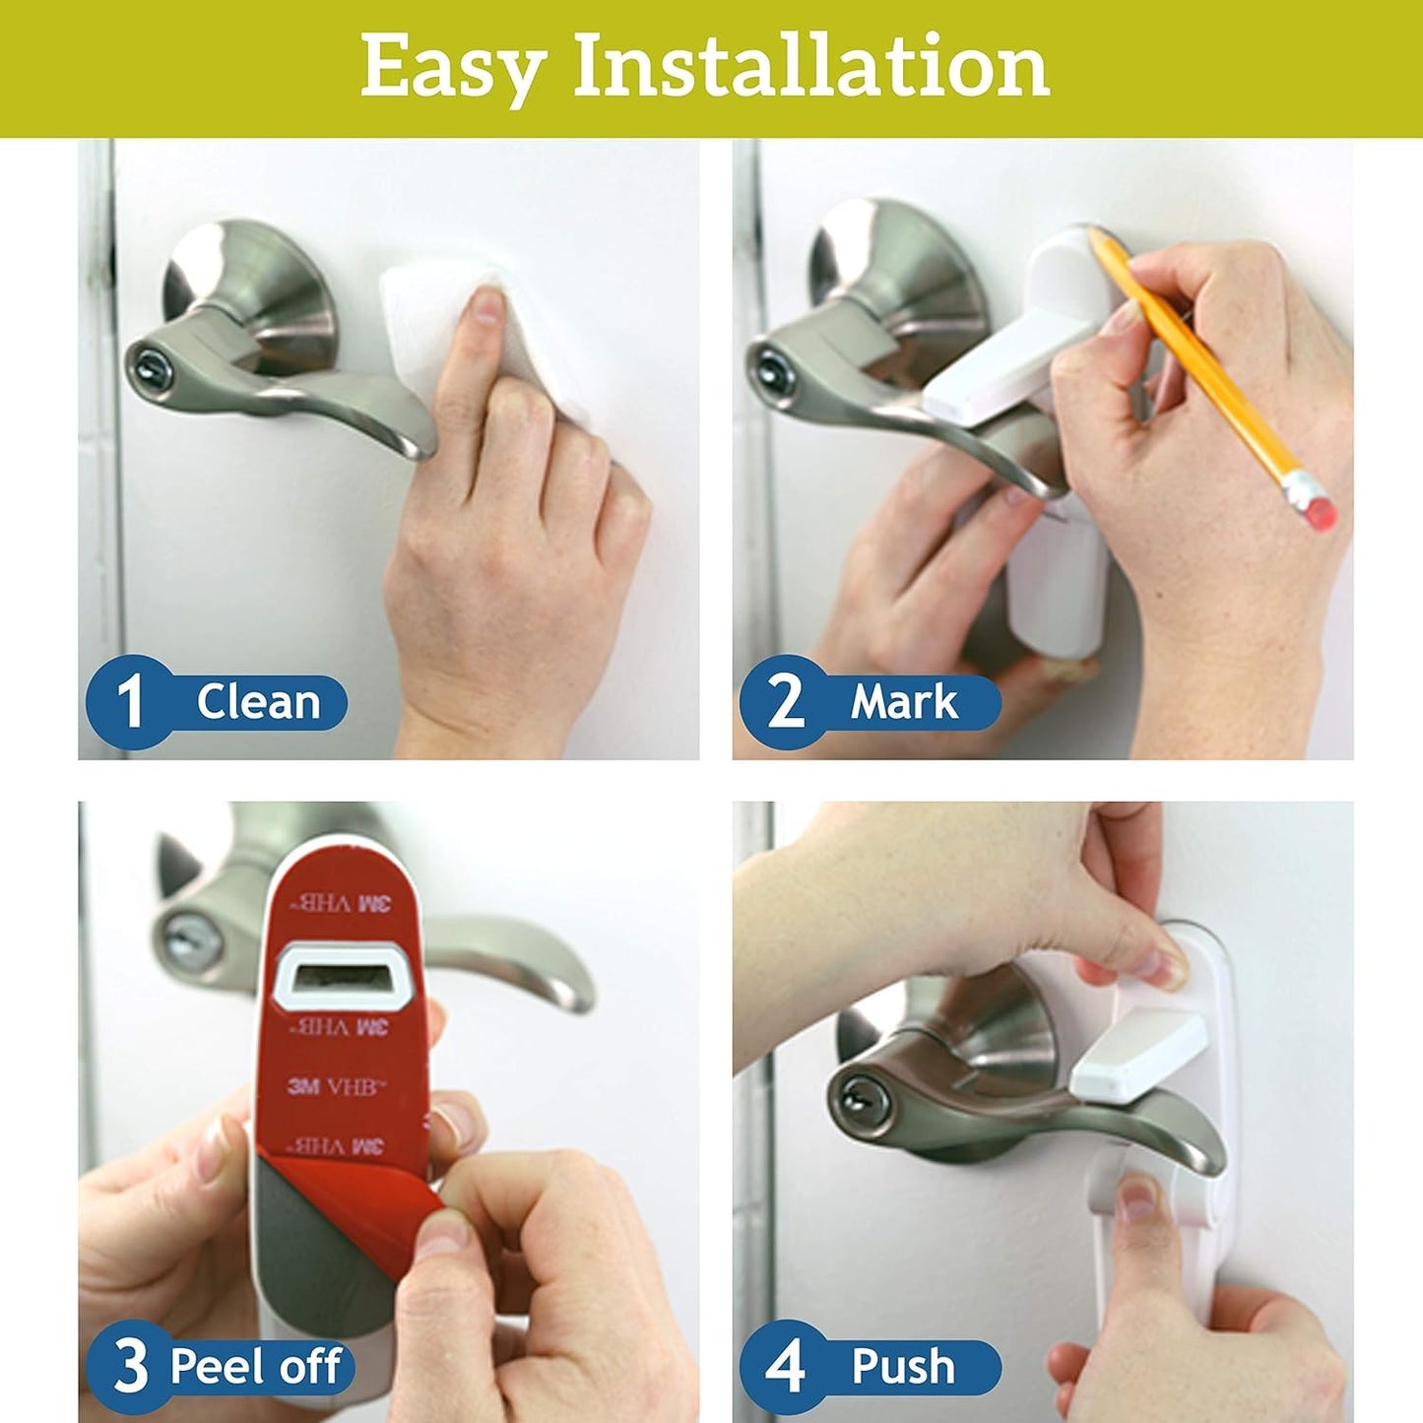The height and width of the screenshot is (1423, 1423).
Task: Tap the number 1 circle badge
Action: tap(131, 701)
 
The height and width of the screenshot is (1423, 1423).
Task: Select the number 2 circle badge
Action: tap(785, 701)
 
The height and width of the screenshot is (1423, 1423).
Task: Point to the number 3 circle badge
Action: tap(131, 1366)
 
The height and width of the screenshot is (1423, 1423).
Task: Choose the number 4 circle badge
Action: tap(785, 1366)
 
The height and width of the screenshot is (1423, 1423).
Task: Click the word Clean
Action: tap(258, 702)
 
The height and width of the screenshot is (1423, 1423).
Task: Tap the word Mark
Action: tap(903, 702)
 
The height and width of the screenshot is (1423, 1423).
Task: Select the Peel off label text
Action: tap(256, 1366)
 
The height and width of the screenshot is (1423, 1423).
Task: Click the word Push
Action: tap(903, 1366)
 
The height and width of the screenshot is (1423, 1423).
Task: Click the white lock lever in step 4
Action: tap(1137, 1052)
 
